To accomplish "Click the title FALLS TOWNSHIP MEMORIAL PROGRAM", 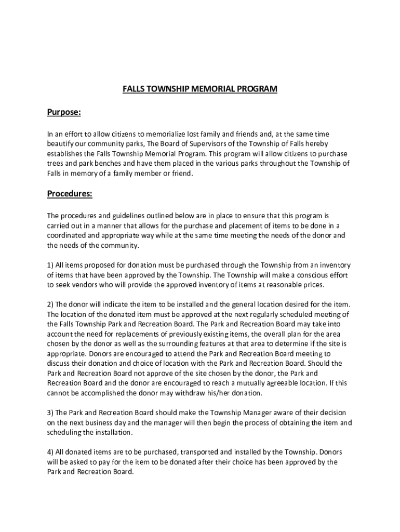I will click(x=200, y=89).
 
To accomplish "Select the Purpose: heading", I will click(x=63, y=112).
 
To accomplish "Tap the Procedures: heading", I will click(x=70, y=194).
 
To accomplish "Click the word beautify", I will click(x=61, y=144).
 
